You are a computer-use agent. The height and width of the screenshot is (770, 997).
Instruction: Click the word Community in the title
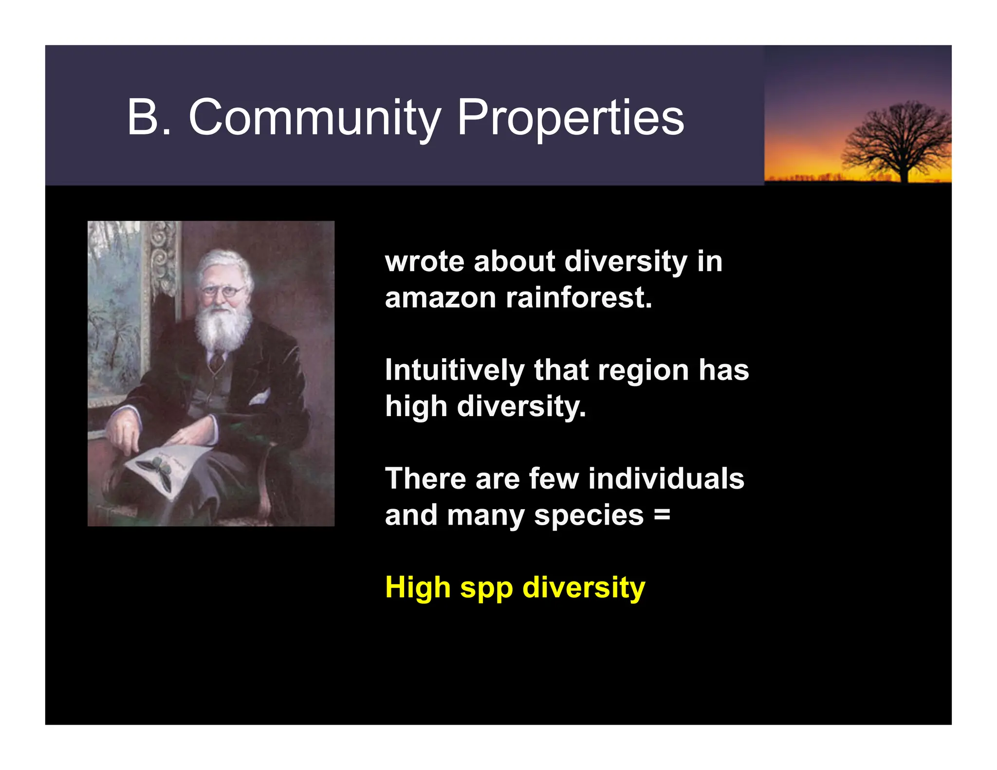pos(314,118)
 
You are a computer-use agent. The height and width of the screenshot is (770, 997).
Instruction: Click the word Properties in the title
pos(571,118)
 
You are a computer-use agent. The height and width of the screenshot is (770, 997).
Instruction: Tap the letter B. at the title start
pos(149,118)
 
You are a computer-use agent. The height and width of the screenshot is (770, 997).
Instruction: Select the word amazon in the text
pos(440,298)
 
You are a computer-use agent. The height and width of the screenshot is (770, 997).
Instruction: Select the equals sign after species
pos(662,514)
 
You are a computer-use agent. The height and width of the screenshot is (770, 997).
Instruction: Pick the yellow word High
pos(418,587)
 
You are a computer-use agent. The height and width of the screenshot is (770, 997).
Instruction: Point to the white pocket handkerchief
pos(260,397)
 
